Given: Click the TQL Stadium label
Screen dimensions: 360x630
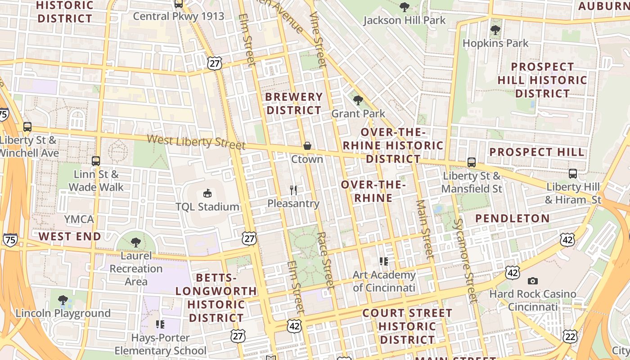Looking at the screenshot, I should point(207,207).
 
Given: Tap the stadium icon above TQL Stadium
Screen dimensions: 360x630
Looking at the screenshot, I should point(207,193).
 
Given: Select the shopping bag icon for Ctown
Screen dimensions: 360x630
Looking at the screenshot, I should point(307,146).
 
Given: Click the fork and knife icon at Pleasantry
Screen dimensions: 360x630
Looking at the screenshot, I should point(293,190).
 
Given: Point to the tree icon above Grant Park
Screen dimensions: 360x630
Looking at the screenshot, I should point(358,100).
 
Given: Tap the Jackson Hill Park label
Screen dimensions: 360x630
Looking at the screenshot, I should point(404,20).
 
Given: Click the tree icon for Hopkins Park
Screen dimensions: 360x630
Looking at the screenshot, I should point(495,31).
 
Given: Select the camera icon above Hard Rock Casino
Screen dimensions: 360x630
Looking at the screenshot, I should point(533,281).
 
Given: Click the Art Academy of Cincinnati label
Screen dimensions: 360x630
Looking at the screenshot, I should point(384,281).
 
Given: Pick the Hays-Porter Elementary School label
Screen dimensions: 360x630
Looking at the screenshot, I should point(160,344).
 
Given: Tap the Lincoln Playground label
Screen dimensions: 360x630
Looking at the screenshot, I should point(63,313).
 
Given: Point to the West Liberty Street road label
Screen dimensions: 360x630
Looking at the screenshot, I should point(196,141).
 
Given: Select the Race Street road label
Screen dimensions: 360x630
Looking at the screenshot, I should point(325,261).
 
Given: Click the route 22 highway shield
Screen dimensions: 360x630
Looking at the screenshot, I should point(570,336).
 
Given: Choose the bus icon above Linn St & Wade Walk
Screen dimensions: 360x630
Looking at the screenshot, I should point(96,161).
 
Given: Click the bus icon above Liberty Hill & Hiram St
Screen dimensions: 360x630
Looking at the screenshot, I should point(573,173).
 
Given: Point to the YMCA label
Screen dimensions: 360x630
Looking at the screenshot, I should point(79,220).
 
